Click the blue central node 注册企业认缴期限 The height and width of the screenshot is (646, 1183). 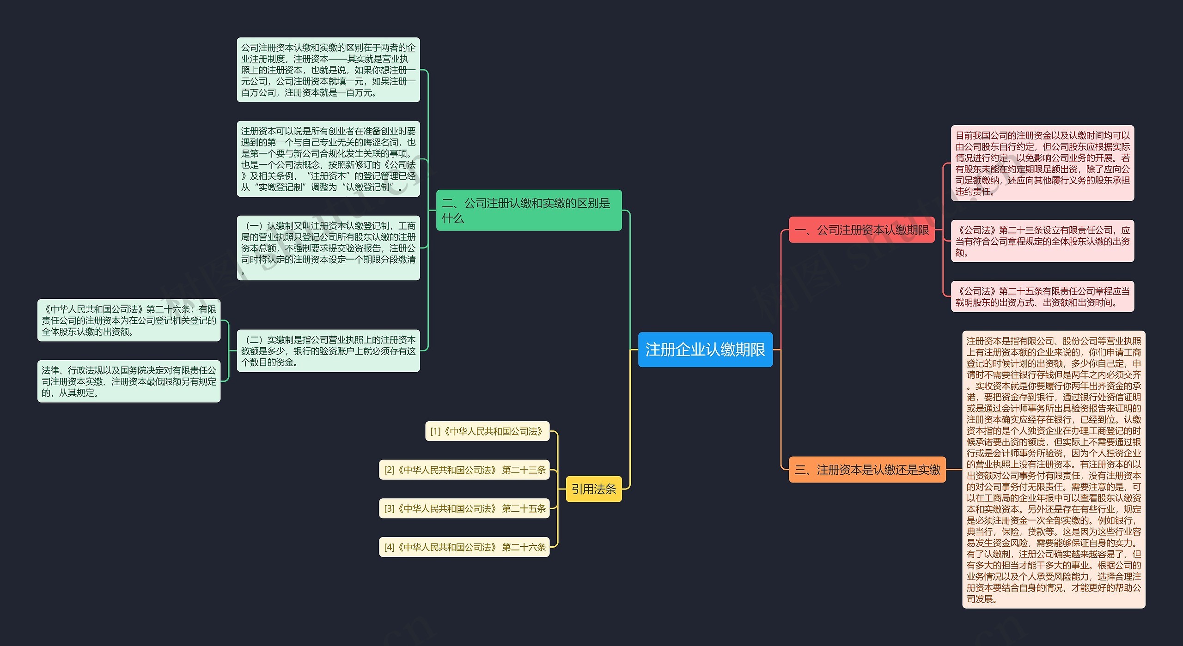[x=705, y=350]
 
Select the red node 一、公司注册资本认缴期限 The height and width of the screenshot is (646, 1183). [x=861, y=229]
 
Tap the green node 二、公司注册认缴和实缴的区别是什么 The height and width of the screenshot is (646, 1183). [x=529, y=210]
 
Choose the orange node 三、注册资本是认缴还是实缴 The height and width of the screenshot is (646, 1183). [x=867, y=470]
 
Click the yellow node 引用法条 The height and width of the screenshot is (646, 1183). [x=593, y=489]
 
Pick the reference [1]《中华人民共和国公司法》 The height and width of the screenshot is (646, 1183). [x=487, y=431]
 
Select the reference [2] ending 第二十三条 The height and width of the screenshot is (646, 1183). [x=464, y=470]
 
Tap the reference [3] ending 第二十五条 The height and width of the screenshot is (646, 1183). [x=464, y=508]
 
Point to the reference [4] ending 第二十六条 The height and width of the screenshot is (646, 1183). [x=464, y=547]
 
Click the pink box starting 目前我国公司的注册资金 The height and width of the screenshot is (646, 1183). [x=1042, y=163]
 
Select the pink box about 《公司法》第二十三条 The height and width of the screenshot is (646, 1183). [x=1042, y=241]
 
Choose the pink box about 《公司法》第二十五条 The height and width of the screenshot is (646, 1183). [x=1042, y=296]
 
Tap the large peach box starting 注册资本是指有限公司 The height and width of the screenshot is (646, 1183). [x=1054, y=470]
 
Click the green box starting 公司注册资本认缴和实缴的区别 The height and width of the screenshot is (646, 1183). [x=328, y=70]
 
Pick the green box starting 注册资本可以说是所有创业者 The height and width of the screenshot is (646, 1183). [x=328, y=159]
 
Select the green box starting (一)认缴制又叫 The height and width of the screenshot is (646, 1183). [x=328, y=248]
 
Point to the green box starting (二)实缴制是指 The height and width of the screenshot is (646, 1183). [x=328, y=350]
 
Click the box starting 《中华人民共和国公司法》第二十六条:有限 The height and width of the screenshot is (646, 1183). [x=128, y=320]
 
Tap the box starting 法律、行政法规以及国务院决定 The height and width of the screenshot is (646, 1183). [x=128, y=381]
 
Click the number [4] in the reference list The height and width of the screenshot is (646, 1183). [x=389, y=548]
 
